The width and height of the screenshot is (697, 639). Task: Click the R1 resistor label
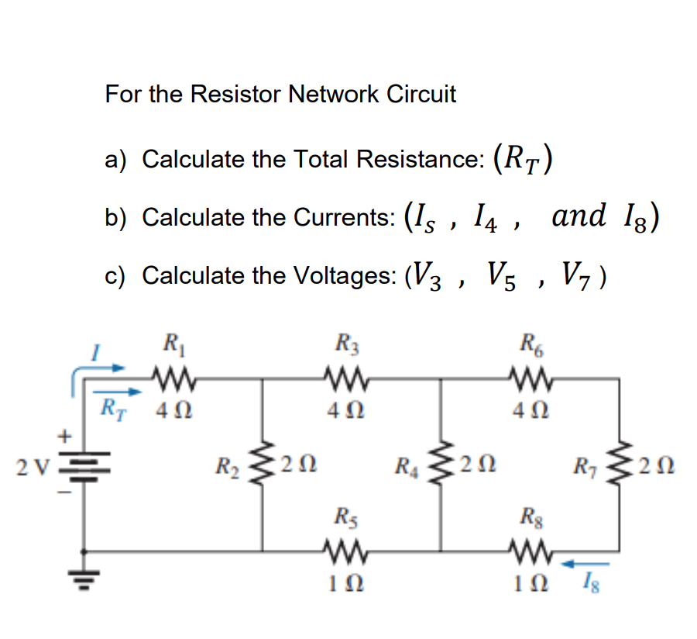click(x=169, y=342)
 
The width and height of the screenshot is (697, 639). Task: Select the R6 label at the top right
click(x=532, y=342)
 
